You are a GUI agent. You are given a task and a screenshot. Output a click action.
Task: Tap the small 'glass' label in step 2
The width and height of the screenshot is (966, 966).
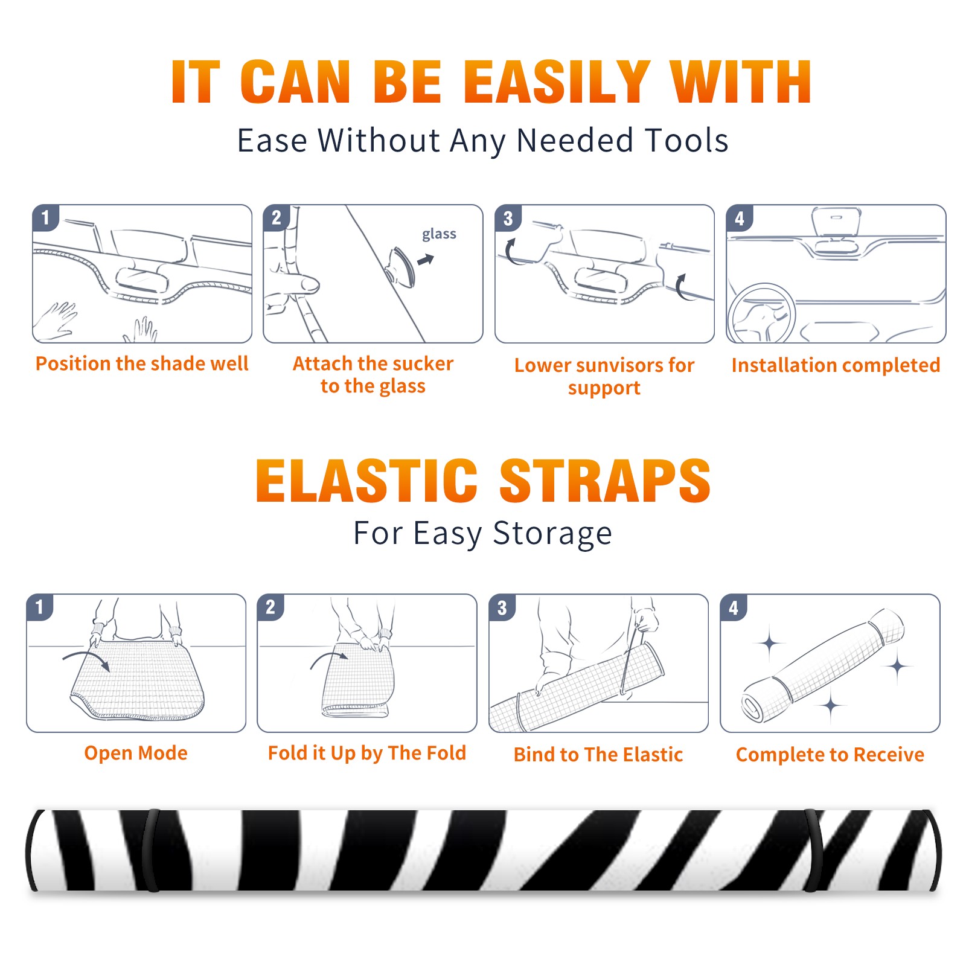[x=439, y=234]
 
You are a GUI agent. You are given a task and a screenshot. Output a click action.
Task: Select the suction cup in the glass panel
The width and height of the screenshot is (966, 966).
[x=401, y=266]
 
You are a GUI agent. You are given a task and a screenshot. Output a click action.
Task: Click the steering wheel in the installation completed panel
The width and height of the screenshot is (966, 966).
[x=761, y=313]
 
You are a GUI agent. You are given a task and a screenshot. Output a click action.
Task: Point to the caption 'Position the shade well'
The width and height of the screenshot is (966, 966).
[x=142, y=363]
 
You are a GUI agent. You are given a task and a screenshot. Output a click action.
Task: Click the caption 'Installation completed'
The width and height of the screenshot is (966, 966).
[x=836, y=365]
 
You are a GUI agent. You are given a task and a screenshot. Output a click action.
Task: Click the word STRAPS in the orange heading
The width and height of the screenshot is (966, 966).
[x=605, y=481]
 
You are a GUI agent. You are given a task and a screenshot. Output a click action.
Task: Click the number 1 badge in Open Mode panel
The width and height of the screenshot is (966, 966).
[x=40, y=607]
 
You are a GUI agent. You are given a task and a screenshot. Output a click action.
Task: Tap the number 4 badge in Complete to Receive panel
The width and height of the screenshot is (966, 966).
[x=734, y=607]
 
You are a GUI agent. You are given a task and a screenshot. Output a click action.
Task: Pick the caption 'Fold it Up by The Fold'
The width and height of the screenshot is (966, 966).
[x=367, y=753]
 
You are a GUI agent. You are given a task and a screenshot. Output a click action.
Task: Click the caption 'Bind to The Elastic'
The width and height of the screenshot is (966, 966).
[x=598, y=755]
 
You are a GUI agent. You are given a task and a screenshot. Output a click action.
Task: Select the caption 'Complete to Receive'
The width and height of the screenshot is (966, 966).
[x=830, y=755]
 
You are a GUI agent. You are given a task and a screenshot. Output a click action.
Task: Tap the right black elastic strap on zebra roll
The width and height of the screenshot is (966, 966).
[x=813, y=850]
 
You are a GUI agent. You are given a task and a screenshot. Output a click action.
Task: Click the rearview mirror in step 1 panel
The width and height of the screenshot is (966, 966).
[x=141, y=279]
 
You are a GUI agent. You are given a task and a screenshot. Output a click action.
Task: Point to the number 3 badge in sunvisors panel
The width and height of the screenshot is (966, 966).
[x=508, y=218]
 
